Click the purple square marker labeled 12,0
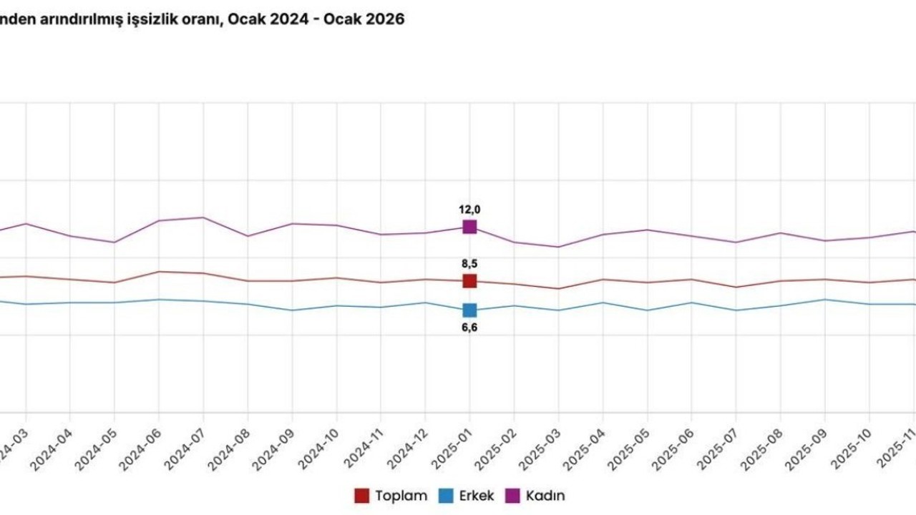[469, 227]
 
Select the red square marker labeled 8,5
[469, 281]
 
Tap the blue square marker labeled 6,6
[469, 310]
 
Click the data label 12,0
[469, 210]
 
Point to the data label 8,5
[469, 263]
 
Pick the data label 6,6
[469, 328]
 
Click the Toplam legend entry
[391, 496]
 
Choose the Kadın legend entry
[536, 496]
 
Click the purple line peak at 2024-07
[203, 217]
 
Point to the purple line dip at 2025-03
[558, 247]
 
